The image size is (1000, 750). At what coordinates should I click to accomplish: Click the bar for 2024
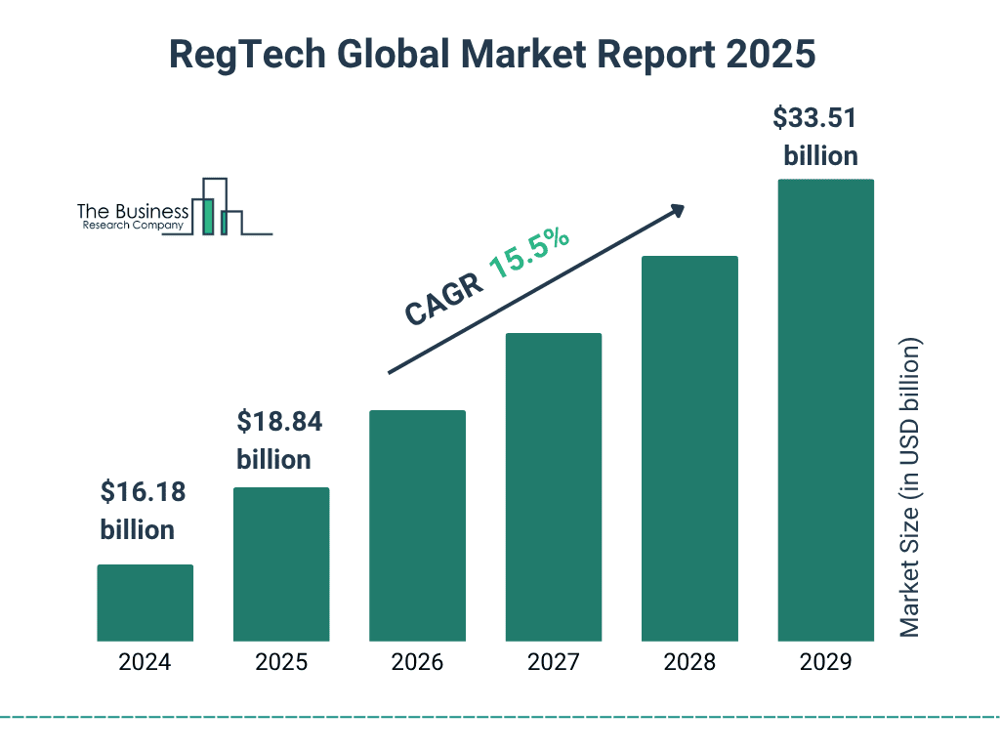[x=145, y=603]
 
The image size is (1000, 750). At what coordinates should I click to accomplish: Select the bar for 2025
[x=281, y=563]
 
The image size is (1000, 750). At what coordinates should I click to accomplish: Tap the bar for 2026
[x=417, y=525]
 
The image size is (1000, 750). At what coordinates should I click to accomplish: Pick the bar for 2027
[x=553, y=486]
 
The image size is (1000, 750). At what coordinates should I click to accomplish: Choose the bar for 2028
[x=689, y=448]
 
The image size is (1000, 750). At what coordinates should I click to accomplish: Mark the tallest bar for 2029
[x=825, y=410]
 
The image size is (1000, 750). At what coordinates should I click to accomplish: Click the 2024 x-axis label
[x=145, y=662]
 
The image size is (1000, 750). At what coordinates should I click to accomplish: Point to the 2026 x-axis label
[x=417, y=662]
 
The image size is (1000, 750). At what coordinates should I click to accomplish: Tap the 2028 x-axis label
[x=689, y=662]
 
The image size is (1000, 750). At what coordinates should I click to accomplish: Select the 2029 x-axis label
[x=825, y=662]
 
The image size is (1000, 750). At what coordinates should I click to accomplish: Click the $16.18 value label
[x=143, y=492]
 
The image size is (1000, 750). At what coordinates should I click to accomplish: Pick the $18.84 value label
[x=279, y=422]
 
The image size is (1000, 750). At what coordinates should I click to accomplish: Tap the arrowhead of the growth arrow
[x=676, y=210]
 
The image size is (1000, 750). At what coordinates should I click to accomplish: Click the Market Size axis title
[x=910, y=488]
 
